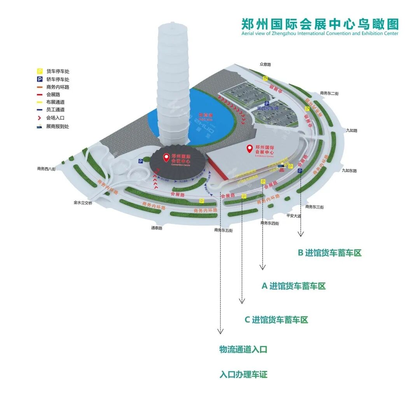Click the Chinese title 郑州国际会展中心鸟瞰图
pos(320,24)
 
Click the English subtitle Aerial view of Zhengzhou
pos(320,33)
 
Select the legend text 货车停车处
pos(58,72)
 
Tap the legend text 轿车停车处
pos(58,79)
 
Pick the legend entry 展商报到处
pos(58,126)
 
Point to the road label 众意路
pos(265,64)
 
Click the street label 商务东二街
pos(329,93)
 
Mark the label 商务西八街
pos(47,169)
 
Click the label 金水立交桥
pos(83,202)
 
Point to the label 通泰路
pos(156,228)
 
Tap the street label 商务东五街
pos(223,230)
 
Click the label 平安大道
pos(294,215)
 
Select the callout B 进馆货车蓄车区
pos(329,253)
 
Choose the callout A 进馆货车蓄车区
pos(293,286)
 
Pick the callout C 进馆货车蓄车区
pos(276,320)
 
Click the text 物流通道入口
pos(243,349)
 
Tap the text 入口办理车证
pos(243,375)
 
